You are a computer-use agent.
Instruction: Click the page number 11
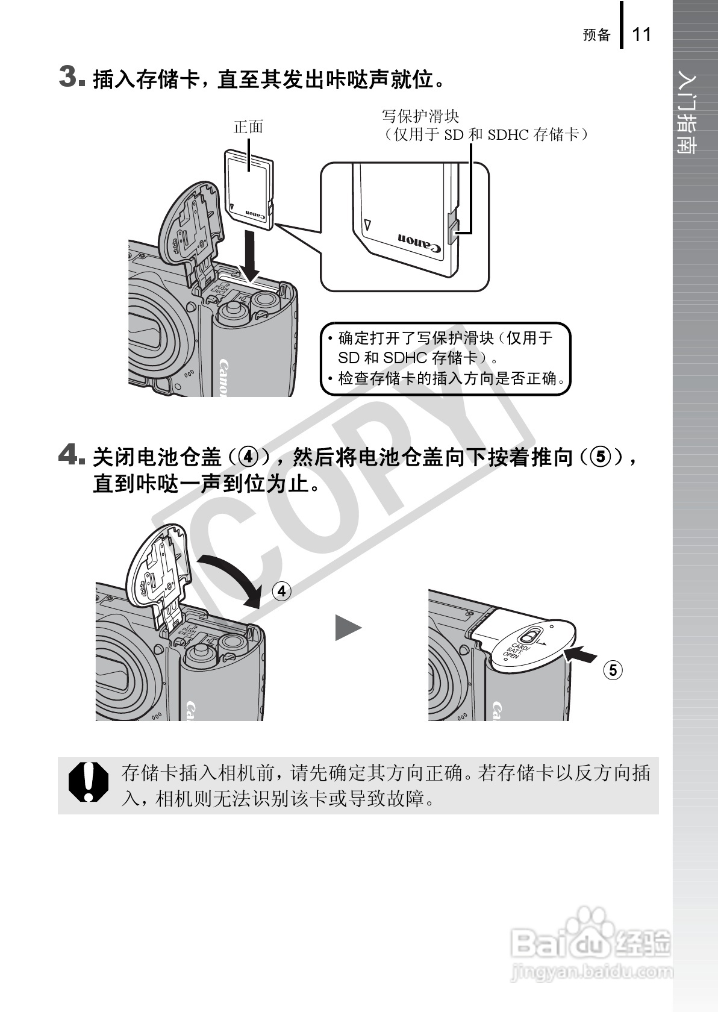(642, 34)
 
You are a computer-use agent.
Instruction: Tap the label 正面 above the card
(248, 126)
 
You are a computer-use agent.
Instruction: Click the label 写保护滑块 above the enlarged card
(420, 116)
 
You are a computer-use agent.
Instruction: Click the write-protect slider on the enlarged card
(453, 229)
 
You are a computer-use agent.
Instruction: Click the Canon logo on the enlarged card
(419, 242)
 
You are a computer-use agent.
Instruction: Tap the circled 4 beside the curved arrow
(281, 591)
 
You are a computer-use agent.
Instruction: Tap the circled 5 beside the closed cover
(613, 670)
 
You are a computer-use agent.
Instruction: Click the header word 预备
(596, 35)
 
